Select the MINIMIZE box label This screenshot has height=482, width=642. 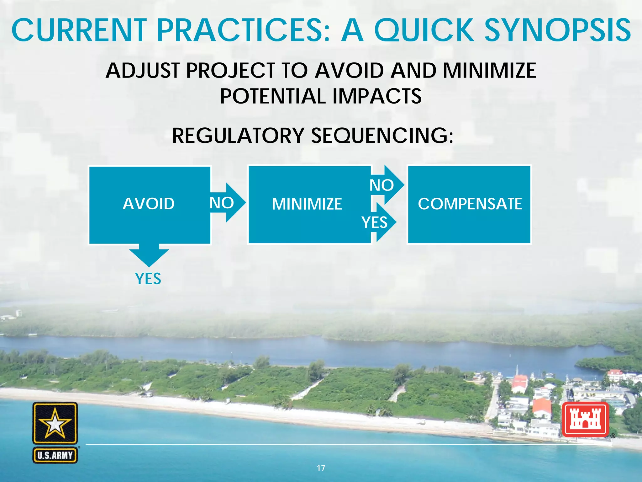pyautogui.click(x=307, y=204)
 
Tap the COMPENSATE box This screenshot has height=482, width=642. pyautogui.click(x=469, y=204)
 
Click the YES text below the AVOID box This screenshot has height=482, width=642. pyautogui.click(x=148, y=279)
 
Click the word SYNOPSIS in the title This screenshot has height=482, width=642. pyautogui.click(x=558, y=30)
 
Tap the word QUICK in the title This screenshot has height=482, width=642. pyautogui.click(x=424, y=30)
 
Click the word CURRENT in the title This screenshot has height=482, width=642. pyautogui.click(x=79, y=30)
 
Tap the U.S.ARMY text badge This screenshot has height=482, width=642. pyautogui.click(x=55, y=455)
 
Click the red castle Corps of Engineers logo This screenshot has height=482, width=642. pyautogui.click(x=585, y=420)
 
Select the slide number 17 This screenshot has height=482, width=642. pyautogui.click(x=321, y=468)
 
